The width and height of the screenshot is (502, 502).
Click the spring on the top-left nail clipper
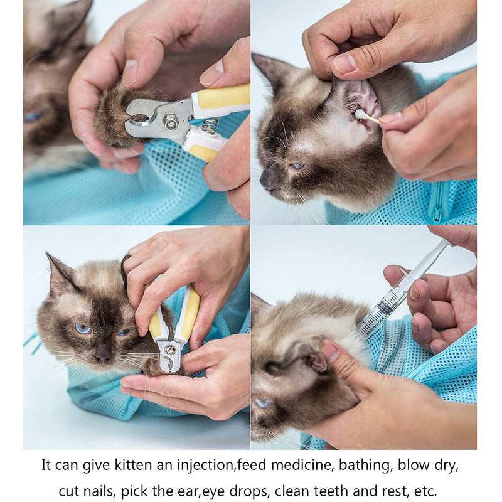click(x=210, y=125)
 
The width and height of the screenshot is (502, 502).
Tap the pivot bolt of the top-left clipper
click(x=171, y=122)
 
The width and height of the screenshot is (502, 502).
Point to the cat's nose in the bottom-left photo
click(x=102, y=356)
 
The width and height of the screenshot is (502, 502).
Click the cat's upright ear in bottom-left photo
click(x=60, y=274)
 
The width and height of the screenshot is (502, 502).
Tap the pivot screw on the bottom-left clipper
click(x=169, y=349)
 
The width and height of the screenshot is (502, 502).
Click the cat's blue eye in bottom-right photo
click(x=262, y=402)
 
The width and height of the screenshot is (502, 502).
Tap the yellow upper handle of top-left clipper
click(x=223, y=95)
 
